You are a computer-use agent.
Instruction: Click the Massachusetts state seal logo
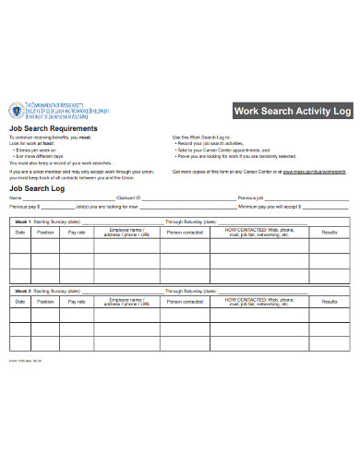click(x=16, y=113)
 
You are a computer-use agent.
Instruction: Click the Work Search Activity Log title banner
click(x=293, y=111)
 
